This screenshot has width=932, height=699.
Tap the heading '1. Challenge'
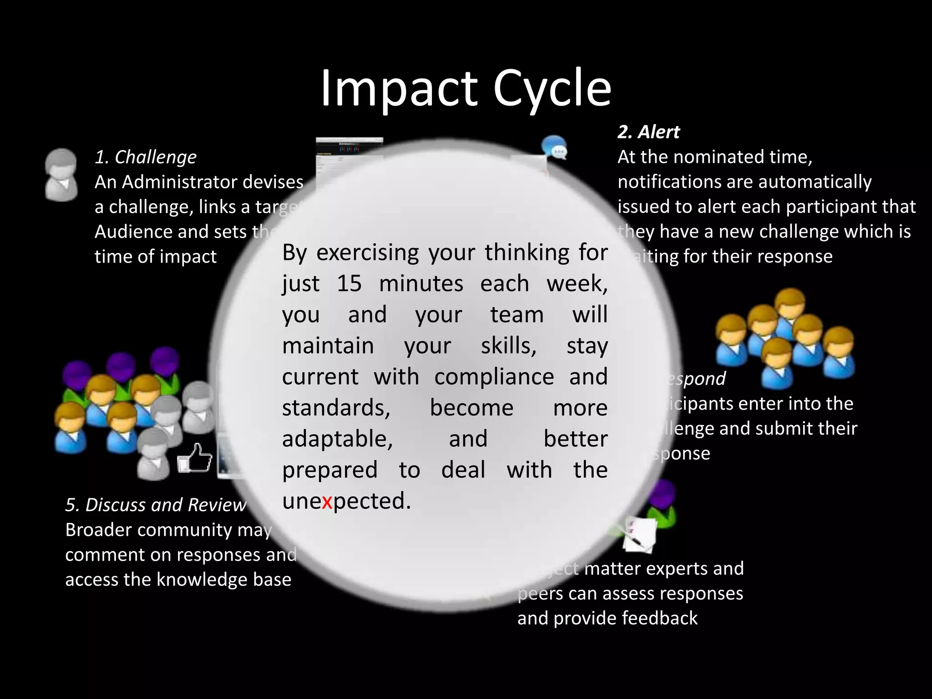[x=146, y=157]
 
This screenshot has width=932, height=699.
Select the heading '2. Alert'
[x=648, y=132]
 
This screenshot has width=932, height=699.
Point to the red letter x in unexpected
[x=327, y=501]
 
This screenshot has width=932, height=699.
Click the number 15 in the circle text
[x=349, y=284]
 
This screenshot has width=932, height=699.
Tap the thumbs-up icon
[x=196, y=458]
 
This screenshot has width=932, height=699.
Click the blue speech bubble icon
[x=554, y=148]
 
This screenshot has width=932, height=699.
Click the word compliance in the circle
[x=494, y=377]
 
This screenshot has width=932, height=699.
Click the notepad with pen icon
[x=639, y=534]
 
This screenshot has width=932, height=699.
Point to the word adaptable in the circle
[x=337, y=439]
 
